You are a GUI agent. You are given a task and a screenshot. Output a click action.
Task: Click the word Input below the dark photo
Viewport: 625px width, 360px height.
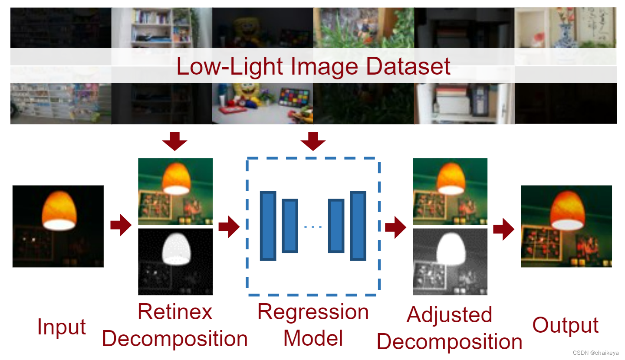pyautogui.click(x=62, y=327)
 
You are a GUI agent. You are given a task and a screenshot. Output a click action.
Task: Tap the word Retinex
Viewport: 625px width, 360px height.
pyautogui.click(x=175, y=312)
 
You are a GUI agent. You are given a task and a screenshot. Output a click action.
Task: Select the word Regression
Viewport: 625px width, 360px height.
pyautogui.click(x=313, y=312)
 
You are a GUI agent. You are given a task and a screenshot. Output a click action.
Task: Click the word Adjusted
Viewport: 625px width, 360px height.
pyautogui.click(x=449, y=315)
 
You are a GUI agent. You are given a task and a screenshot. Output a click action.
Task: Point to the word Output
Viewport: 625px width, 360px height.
pyautogui.click(x=566, y=325)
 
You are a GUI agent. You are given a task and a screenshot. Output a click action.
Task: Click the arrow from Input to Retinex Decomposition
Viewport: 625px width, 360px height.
pyautogui.click(x=121, y=225)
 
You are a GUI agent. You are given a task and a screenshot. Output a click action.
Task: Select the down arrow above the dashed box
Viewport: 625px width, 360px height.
pyautogui.click(x=312, y=141)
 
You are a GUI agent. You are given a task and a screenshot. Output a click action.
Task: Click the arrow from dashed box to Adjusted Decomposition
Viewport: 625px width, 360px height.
pyautogui.click(x=395, y=227)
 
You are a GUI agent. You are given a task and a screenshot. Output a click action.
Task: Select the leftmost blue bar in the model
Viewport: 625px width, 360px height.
pyautogui.click(x=268, y=226)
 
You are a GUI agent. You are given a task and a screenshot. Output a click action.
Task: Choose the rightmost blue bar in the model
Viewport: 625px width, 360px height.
pyautogui.click(x=358, y=226)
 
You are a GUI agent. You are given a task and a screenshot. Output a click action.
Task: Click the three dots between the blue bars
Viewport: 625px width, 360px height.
pyautogui.click(x=313, y=226)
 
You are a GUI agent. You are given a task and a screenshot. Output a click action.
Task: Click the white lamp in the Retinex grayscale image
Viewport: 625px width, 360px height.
pyautogui.click(x=176, y=247)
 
